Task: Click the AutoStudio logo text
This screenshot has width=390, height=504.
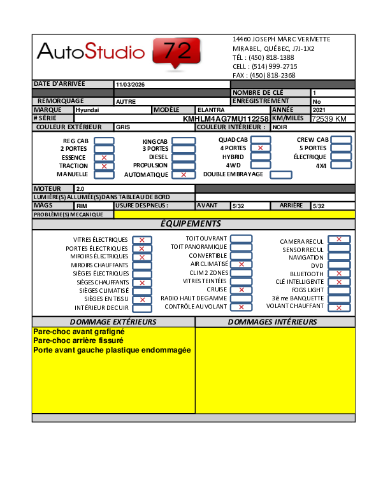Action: pyautogui.click(x=91, y=50)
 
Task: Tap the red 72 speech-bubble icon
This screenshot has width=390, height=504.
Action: pyautogui.click(x=177, y=52)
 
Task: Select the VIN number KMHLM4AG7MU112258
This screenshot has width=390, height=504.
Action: pyautogui.click(x=226, y=119)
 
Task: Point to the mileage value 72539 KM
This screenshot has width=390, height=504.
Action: pyautogui.click(x=329, y=119)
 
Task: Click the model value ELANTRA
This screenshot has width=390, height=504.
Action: pyautogui.click(x=211, y=110)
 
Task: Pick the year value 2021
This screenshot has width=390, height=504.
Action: pyautogui.click(x=319, y=110)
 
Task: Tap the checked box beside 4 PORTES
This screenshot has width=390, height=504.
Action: pyautogui.click(x=260, y=148)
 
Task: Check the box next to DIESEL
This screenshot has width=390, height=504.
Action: pyautogui.click(x=184, y=157)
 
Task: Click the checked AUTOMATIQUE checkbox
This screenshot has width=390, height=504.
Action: pyautogui.click(x=184, y=174)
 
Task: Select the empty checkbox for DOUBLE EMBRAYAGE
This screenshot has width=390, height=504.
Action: pyautogui.click(x=281, y=174)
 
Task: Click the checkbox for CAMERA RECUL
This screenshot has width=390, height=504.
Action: pyautogui.click(x=339, y=240)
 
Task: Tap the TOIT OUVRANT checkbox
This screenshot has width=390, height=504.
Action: pyautogui.click(x=241, y=239)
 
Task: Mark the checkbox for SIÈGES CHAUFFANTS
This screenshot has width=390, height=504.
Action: pyautogui.click(x=142, y=283)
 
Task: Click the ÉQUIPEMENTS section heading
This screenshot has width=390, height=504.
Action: pyautogui.click(x=191, y=224)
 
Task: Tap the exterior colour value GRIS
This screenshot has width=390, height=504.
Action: pyautogui.click(x=123, y=127)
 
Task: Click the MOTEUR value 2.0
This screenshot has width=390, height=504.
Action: pyautogui.click(x=80, y=189)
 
